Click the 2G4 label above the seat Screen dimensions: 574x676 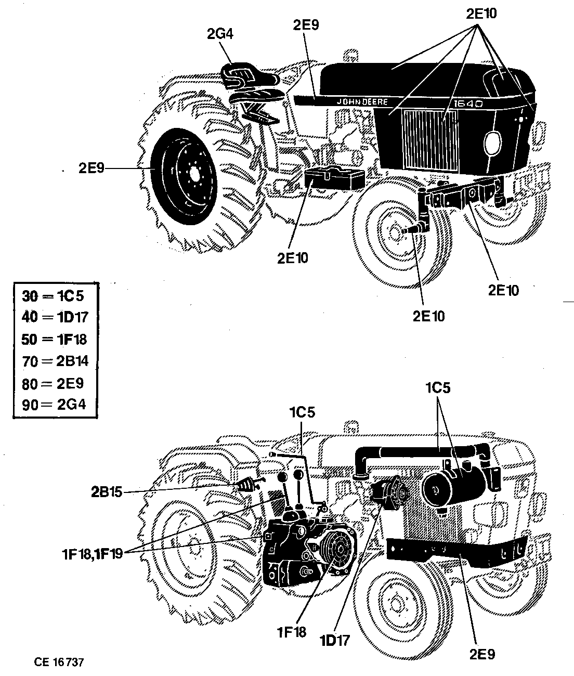pos(220,34)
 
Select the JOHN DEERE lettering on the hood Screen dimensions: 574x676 pos(362,102)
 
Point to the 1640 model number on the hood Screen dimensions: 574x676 pos(468,104)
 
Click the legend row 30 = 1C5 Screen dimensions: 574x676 pos(53,296)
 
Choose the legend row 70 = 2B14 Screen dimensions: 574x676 pos(55,361)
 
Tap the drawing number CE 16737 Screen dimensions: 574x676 pos(59,662)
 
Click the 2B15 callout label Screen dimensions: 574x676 pos(106,492)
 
